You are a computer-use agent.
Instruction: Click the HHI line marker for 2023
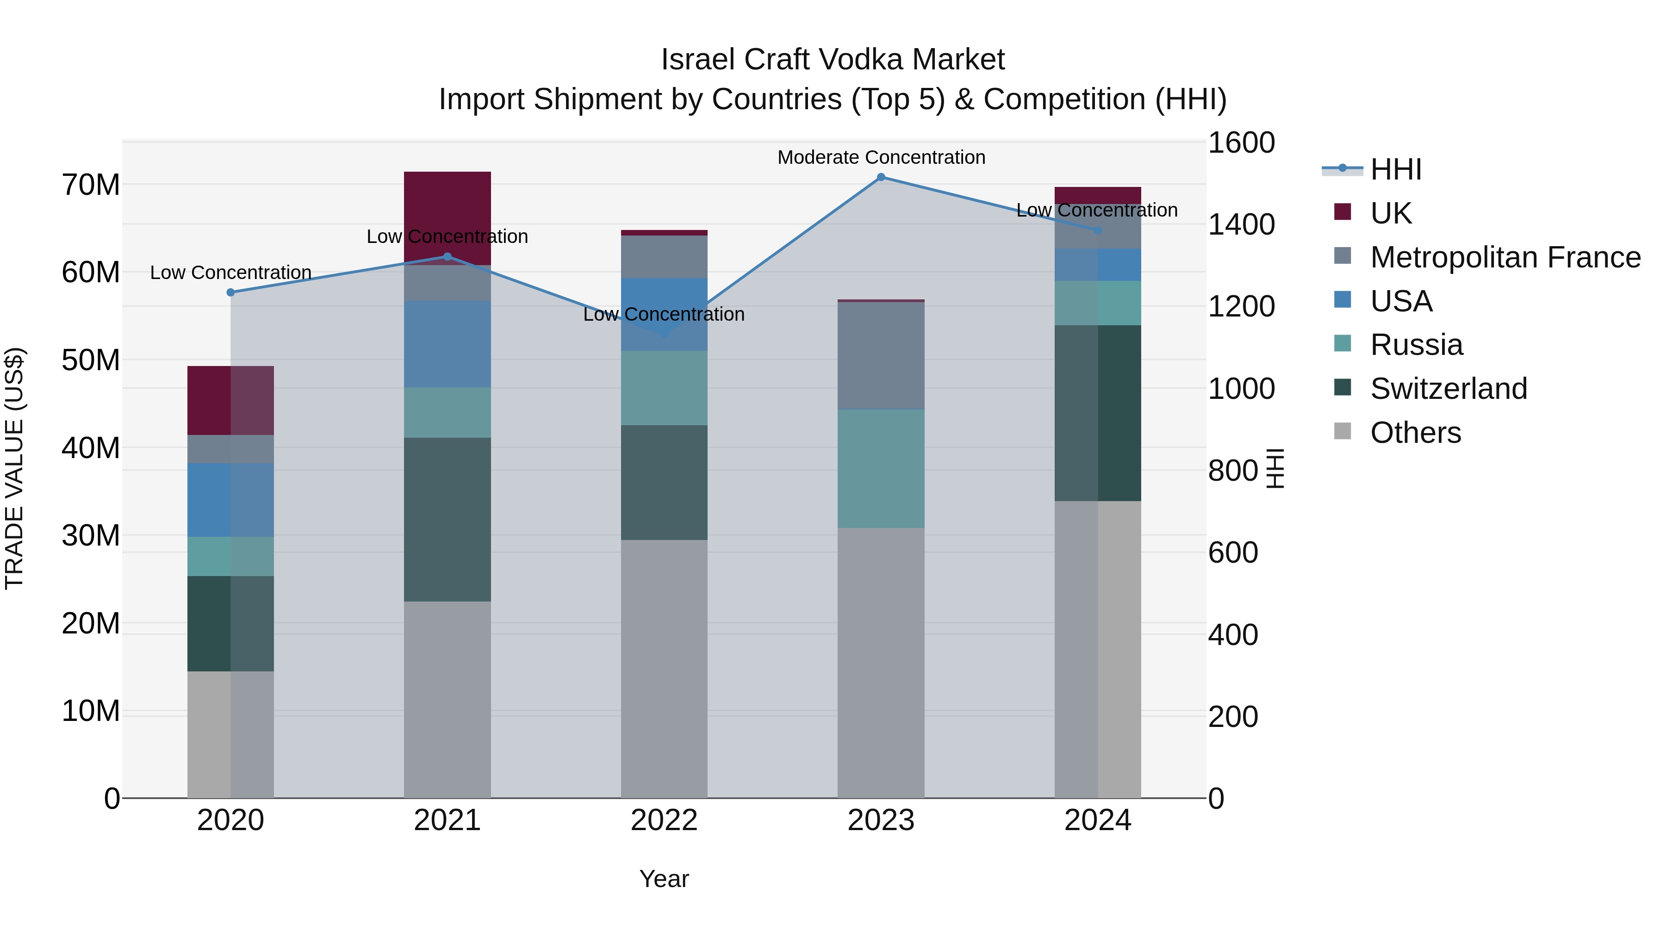[x=880, y=177]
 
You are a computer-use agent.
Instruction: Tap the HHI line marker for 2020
[x=230, y=292]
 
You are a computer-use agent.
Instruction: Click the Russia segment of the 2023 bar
[x=880, y=468]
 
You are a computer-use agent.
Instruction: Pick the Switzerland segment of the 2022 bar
[x=664, y=483]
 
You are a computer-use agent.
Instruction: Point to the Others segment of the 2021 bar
[x=447, y=699]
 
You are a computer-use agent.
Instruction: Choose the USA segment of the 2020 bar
[x=230, y=499]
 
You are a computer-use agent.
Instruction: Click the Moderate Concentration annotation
[x=881, y=157]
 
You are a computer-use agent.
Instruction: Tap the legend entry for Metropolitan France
[x=1505, y=257]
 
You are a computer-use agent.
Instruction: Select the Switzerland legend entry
[x=1448, y=389]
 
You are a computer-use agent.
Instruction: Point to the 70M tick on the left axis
[x=91, y=185]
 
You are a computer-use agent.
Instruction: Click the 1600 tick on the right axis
[x=1240, y=143]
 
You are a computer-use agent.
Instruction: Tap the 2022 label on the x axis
[x=664, y=820]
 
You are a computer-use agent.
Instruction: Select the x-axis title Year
[x=664, y=879]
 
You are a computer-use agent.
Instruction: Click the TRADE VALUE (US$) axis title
[x=14, y=468]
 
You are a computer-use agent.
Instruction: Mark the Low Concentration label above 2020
[x=230, y=273]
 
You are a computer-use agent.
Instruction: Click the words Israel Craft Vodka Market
[x=833, y=60]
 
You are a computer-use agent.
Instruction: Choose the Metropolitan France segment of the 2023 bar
[x=880, y=356]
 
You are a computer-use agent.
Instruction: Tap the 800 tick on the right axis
[x=1232, y=471]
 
